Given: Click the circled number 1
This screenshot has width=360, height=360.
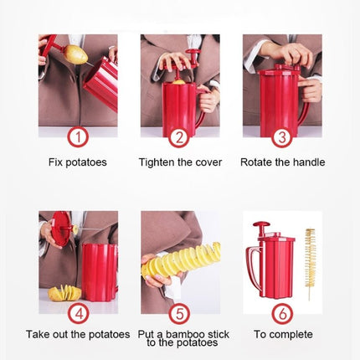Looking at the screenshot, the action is pos(78,137).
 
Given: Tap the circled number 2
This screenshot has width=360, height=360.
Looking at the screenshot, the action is pos(179,137).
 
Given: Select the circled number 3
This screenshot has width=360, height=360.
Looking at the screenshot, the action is pos(282,137).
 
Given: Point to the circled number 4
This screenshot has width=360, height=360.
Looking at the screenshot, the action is pos(79,313).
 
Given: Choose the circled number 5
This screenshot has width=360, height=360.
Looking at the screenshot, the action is pos(179,313).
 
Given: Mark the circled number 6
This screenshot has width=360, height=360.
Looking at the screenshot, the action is pos(282,313).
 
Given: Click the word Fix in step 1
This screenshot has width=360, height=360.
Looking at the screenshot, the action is pos(54,162).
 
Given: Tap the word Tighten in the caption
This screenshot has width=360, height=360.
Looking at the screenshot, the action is pos(155,162).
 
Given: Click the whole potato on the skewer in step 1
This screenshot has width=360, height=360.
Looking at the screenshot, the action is pos(75,54).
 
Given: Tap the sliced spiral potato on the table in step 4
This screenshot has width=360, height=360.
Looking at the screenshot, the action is pos(64,293).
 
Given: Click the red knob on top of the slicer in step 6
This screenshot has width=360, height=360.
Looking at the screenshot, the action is pos(261,224).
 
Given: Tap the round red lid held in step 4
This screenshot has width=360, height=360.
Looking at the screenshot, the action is pos(61,229).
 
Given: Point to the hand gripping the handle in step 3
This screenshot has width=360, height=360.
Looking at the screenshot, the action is pos(309,90).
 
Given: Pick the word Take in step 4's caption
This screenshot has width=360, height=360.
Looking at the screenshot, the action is pos(38,334).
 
